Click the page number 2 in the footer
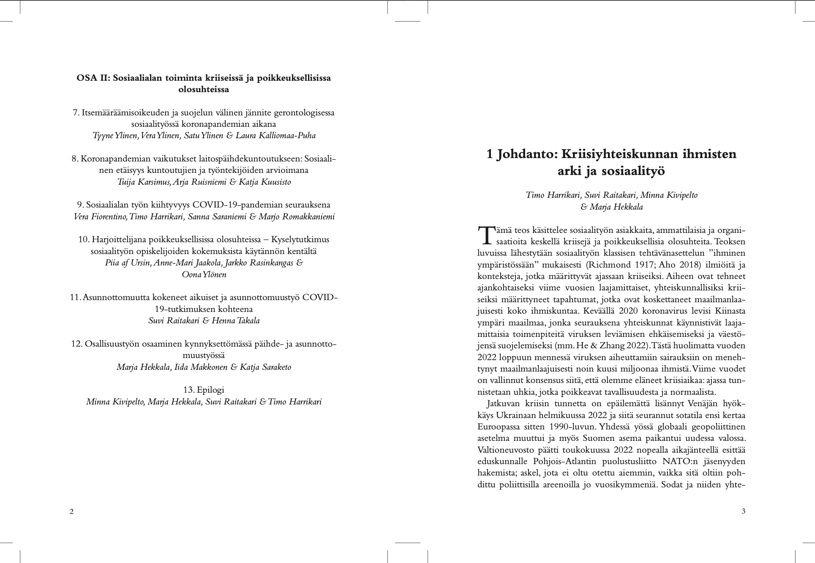(71, 512)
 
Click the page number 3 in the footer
(743, 511)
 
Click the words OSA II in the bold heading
(92, 78)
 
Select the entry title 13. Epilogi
(204, 390)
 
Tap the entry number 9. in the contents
(80, 205)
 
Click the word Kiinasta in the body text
(730, 311)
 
